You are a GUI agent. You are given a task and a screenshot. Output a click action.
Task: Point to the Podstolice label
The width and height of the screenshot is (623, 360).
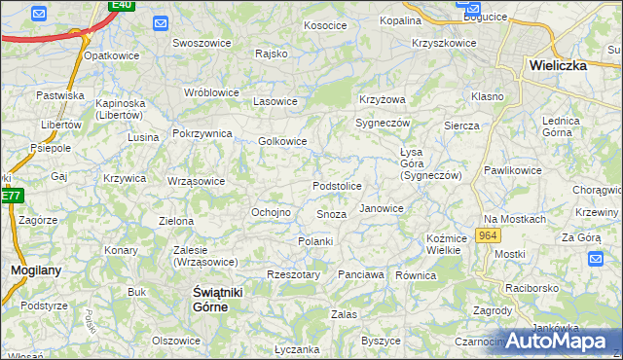(x=337, y=186)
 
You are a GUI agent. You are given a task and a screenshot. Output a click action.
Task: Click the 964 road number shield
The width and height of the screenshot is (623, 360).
(x=489, y=236)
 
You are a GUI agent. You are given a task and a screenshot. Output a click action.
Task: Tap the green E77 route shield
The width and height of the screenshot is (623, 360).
(x=11, y=196)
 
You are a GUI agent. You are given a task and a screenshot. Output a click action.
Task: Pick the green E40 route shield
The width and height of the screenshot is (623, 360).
(x=122, y=5)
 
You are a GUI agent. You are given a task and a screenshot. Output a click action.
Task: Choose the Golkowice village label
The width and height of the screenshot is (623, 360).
(x=282, y=141)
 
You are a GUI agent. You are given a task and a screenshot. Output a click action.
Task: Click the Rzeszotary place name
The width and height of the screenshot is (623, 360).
(x=293, y=275)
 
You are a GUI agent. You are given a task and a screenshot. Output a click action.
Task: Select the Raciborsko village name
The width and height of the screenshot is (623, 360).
(x=531, y=289)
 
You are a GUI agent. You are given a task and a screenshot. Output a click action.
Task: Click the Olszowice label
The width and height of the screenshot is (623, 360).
(x=175, y=341)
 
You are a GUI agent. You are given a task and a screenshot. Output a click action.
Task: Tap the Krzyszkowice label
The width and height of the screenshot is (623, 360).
(x=444, y=43)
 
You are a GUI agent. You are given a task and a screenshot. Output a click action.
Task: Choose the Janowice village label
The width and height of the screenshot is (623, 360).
(x=381, y=208)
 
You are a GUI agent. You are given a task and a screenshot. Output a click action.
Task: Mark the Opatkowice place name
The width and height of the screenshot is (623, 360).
(x=110, y=55)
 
